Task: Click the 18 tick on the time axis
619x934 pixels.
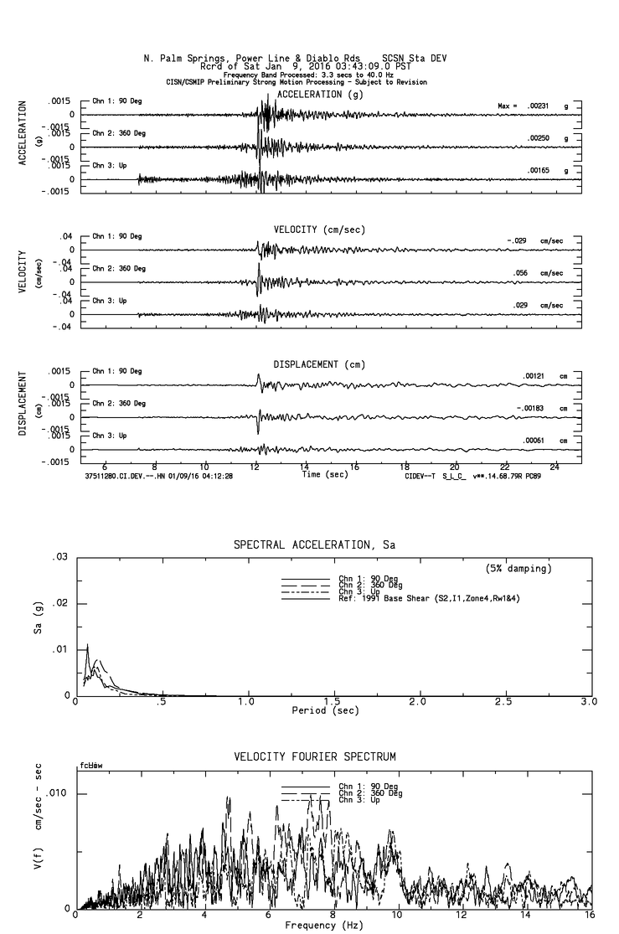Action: [x=405, y=467]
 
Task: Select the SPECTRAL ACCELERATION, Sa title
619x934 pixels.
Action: [x=314, y=545]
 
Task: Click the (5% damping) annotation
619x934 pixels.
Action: [x=518, y=569]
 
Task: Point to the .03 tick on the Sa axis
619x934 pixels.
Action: [x=59, y=557]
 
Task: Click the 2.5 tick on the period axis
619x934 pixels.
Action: [x=504, y=702]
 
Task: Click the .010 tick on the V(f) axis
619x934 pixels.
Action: [x=55, y=793]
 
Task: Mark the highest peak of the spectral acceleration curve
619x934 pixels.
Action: [x=87, y=644]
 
